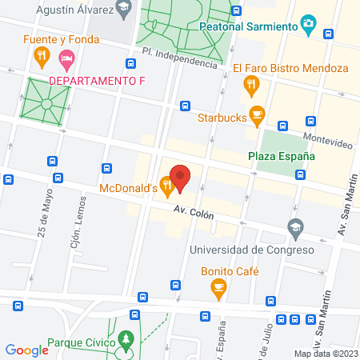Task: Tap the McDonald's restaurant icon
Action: tap(167, 188)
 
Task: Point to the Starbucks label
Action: tap(222, 117)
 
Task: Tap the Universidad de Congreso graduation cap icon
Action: tap(296, 228)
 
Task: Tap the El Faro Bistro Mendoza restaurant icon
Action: tap(252, 82)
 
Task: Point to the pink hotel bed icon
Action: tap(68, 58)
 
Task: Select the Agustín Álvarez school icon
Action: tap(122, 10)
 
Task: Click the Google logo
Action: tap(27, 350)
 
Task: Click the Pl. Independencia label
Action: tap(179, 58)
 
